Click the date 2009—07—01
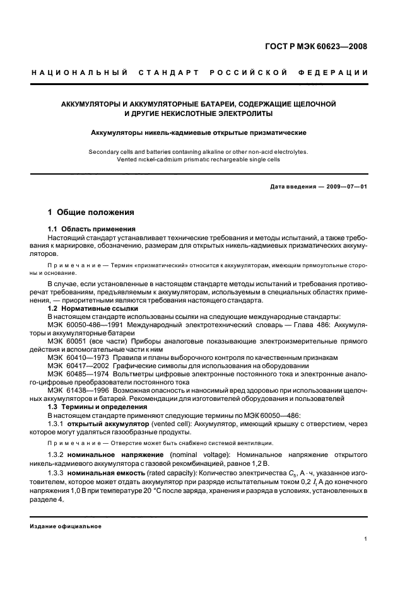[346, 187]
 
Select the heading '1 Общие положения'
[91, 212]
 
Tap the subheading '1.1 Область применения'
[92, 228]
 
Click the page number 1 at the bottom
[366, 538]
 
